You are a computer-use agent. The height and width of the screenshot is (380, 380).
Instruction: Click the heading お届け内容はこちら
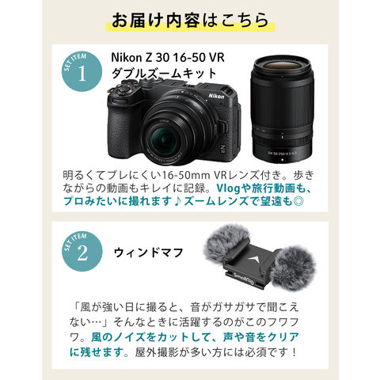(190, 21)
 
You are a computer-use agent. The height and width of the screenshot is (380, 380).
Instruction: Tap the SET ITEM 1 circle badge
(82, 71)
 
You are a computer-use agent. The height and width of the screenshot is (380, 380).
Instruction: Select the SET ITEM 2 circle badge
(82, 252)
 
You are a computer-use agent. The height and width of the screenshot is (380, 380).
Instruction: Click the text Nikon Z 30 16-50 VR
(168, 58)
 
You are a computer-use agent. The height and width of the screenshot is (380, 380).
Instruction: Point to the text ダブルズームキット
(164, 74)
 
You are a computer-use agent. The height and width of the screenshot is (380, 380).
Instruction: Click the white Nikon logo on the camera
(216, 96)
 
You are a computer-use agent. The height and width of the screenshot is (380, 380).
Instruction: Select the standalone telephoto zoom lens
(282, 110)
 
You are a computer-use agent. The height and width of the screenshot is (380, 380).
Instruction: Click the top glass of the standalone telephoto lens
(281, 66)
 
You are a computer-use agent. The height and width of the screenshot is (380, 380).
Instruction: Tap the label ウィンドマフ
(148, 253)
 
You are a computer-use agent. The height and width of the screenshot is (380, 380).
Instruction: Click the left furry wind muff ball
(227, 243)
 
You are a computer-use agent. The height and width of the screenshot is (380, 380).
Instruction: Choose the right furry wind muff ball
(292, 268)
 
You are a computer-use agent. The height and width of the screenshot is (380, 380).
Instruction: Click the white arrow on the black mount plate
(254, 260)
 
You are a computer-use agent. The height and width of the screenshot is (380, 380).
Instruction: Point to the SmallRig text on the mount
(244, 279)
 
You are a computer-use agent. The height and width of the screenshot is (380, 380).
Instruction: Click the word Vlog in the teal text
(228, 188)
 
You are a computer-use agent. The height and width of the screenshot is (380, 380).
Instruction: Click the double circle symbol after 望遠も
(298, 201)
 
